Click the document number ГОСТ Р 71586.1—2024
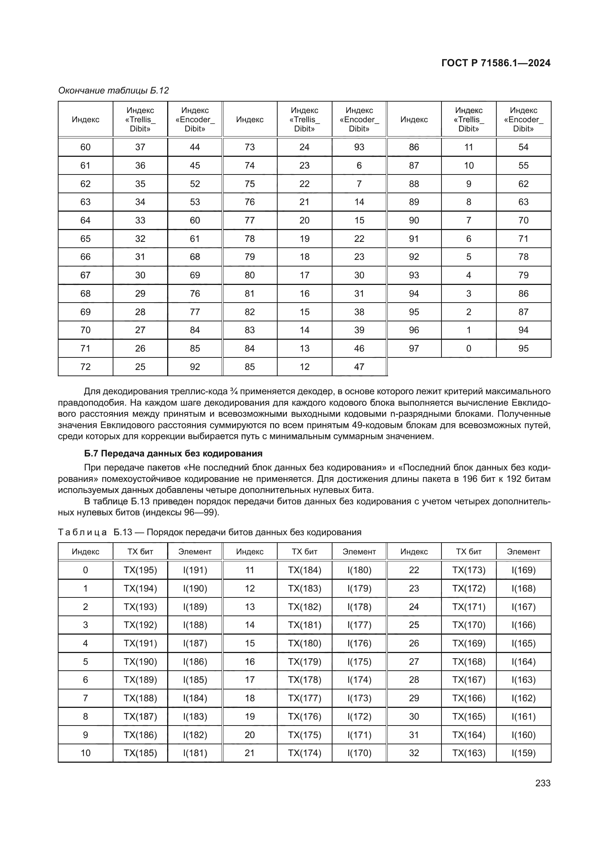point(495,63)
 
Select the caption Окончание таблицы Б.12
point(113,91)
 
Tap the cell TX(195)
point(140,570)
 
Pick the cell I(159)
point(524,753)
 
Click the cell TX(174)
point(304,753)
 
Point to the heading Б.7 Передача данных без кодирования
point(173,454)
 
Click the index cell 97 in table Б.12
point(414,348)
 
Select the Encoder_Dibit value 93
point(359,147)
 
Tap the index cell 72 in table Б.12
point(85,367)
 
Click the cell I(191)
point(195,570)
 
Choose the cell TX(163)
point(469,753)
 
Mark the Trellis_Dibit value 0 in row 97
point(469,348)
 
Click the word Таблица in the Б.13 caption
point(82,532)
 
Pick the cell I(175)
point(359,661)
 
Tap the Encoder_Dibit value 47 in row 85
point(359,367)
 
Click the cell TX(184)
point(304,570)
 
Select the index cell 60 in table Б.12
point(85,147)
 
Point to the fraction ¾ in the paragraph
point(235,392)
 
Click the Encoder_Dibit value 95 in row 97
point(524,348)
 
